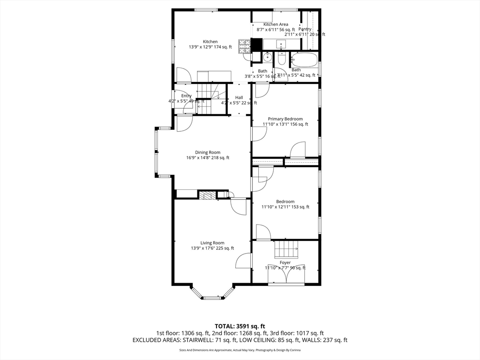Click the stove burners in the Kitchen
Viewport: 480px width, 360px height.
244,45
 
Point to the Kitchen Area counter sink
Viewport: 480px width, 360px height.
281,45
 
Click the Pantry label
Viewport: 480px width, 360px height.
305,29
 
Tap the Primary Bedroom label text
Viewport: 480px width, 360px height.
285,119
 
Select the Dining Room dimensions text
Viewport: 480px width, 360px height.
208,158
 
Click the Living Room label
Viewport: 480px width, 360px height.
212,243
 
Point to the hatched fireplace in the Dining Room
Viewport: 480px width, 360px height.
207,195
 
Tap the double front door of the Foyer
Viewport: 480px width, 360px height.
286,277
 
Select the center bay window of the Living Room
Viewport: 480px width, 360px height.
212,297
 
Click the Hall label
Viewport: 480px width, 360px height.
239,97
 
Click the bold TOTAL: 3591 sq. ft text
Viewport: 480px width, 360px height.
240,326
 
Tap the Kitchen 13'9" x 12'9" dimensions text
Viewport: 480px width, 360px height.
210,47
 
